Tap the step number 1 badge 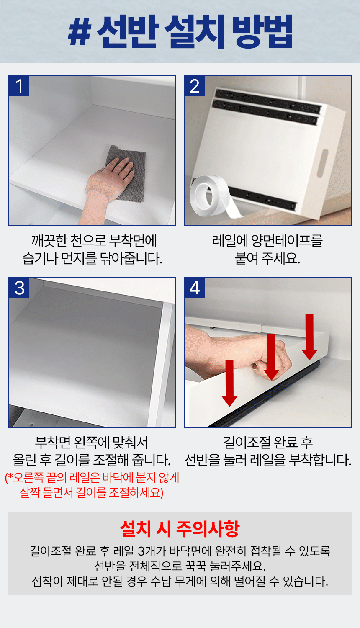tap(19, 86)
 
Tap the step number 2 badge tap(195, 86)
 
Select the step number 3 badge tap(19, 288)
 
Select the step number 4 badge tap(195, 288)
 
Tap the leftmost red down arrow tap(229, 383)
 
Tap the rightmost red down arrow tap(309, 337)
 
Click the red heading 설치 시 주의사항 tap(180, 529)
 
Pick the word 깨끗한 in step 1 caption tap(49, 241)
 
